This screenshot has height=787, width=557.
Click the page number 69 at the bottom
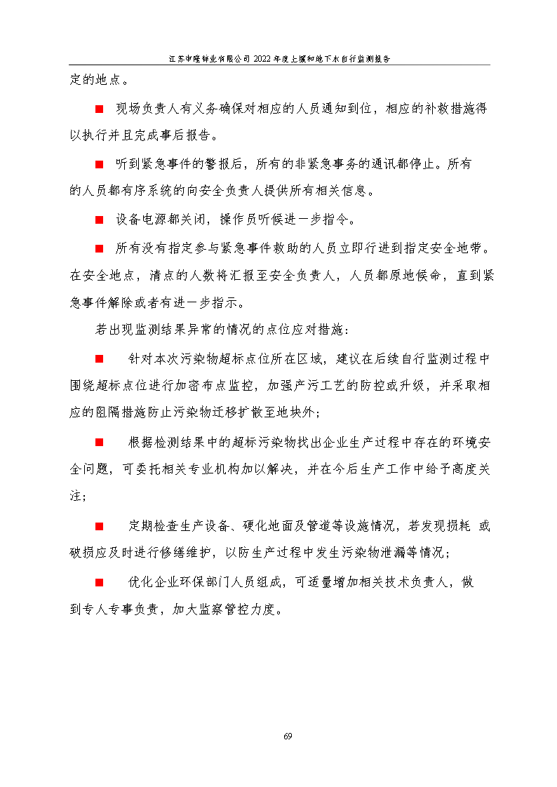[288, 736]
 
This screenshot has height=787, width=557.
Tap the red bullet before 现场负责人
[100, 109]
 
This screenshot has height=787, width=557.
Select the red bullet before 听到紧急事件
[100, 164]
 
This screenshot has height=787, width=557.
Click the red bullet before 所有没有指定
[100, 248]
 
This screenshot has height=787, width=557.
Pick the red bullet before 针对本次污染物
[100, 359]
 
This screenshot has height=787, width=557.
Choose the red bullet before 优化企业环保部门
[100, 582]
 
